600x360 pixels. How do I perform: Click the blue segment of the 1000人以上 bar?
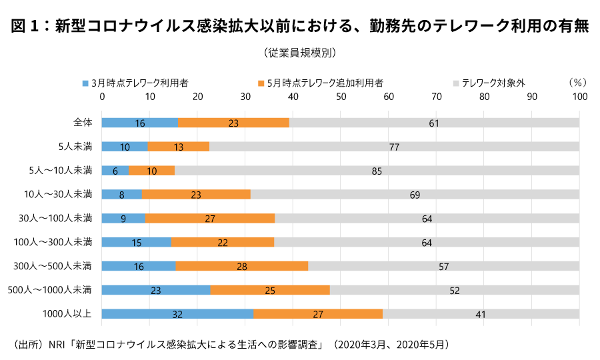[x=177, y=313]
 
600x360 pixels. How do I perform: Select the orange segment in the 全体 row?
[x=233, y=123]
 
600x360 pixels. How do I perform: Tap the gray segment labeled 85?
[x=377, y=171]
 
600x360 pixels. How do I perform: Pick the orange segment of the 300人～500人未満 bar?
[x=242, y=266]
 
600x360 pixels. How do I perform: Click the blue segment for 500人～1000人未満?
[x=156, y=289]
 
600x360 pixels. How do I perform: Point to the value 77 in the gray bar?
[x=394, y=147]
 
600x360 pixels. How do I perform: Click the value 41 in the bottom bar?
[x=481, y=313]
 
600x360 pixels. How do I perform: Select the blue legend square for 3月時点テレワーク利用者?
[x=85, y=84]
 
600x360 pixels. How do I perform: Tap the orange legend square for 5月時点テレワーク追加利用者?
[x=261, y=84]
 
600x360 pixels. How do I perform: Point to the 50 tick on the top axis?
[x=341, y=97]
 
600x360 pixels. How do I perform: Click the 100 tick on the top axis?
[x=579, y=97]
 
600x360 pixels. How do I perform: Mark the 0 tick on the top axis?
[x=102, y=97]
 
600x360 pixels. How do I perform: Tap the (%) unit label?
[x=577, y=83]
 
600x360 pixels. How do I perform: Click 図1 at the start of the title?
[x=25, y=26]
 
